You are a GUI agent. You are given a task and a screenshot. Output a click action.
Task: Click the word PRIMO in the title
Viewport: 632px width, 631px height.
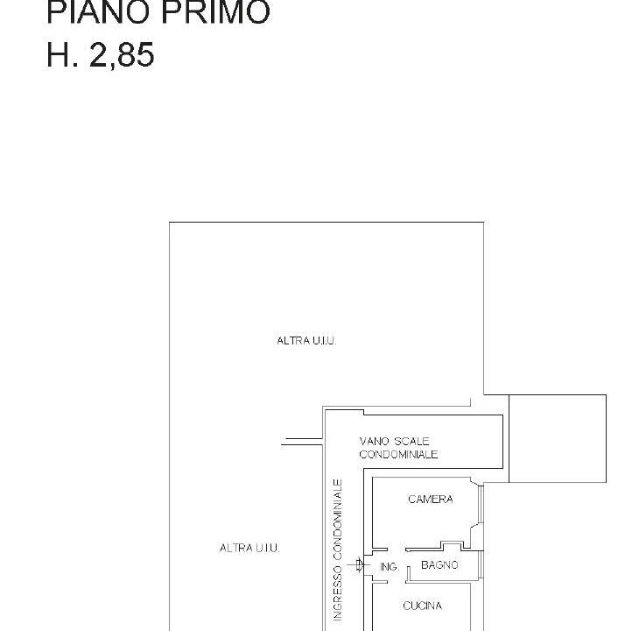pos(215,12)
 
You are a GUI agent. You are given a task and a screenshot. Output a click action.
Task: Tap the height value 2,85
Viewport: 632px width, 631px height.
pos(122,56)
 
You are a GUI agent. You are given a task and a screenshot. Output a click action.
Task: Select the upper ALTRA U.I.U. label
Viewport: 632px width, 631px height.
pos(306,341)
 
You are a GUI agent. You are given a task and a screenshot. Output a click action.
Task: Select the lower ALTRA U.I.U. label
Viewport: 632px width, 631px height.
pos(249,548)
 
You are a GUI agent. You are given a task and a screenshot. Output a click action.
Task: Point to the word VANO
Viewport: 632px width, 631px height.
pos(374,441)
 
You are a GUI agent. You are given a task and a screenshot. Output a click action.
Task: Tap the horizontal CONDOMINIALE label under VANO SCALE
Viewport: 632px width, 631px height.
pos(398,454)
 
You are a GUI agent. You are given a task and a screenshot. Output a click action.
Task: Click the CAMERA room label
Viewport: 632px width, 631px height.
pos(431,500)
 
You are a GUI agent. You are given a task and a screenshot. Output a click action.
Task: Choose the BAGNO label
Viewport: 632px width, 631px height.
pos(439,565)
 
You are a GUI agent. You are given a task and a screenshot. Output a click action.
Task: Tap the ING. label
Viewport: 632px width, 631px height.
pos(389,567)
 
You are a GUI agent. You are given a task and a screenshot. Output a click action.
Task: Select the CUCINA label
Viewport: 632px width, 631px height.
pos(422,606)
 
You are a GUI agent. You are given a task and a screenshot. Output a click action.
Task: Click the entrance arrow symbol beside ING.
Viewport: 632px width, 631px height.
pos(357,565)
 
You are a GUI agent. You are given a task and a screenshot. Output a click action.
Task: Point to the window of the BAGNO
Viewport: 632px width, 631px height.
pos(481,565)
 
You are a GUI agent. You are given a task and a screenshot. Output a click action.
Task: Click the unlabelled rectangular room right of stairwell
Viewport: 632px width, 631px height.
pos(558,438)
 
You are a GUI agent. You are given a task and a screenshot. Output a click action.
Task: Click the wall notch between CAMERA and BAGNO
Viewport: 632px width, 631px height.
pos(451,545)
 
